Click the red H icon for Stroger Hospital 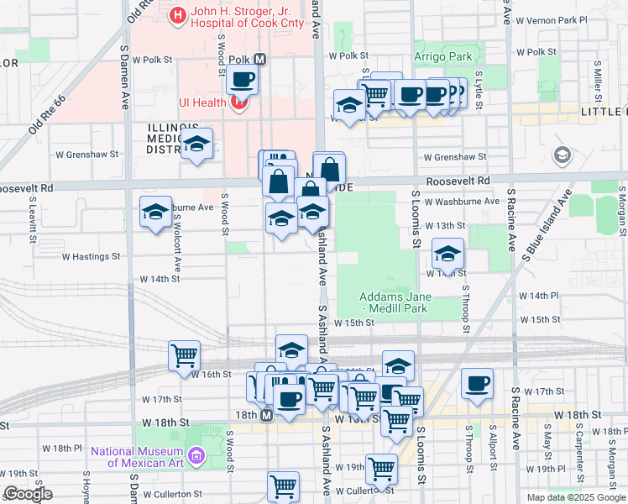[178, 14]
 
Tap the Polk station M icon [259, 60]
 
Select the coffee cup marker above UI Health [242, 80]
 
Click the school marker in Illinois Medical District [196, 144]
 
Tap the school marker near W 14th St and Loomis [448, 253]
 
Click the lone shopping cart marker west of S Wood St [184, 354]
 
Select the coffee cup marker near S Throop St [477, 383]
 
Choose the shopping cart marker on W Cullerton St [283, 486]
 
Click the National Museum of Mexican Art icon [196, 456]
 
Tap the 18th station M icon [266, 416]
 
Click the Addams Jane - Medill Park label [395, 302]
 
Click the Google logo [28, 494]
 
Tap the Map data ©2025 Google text [576, 497]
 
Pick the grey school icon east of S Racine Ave [563, 155]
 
